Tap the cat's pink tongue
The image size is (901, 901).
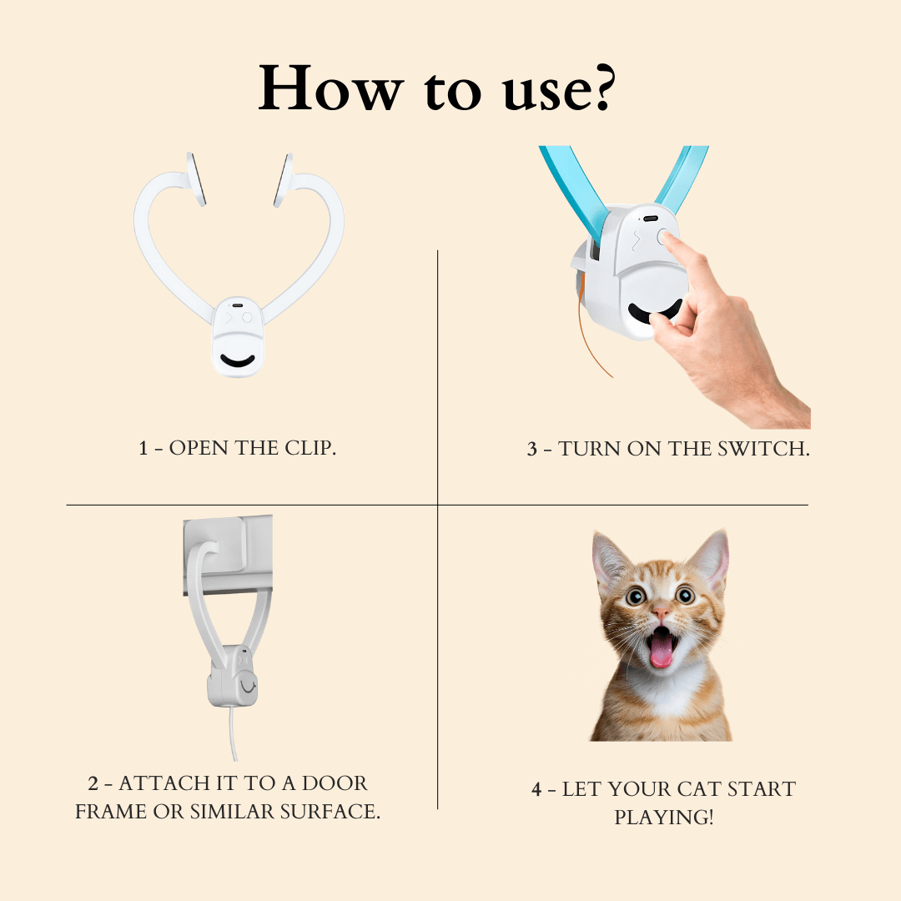coord(661,652)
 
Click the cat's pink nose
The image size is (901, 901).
coord(661,612)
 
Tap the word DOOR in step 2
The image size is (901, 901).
coord(335,783)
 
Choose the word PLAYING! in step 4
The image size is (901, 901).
coord(664,817)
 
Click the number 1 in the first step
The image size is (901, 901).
coord(143,448)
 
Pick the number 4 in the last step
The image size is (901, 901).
coord(536,789)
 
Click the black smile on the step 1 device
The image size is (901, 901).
coord(237,361)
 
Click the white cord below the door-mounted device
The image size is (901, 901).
coord(232,732)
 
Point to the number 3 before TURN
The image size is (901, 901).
coord(532,450)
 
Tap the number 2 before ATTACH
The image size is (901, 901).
coord(93,783)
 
